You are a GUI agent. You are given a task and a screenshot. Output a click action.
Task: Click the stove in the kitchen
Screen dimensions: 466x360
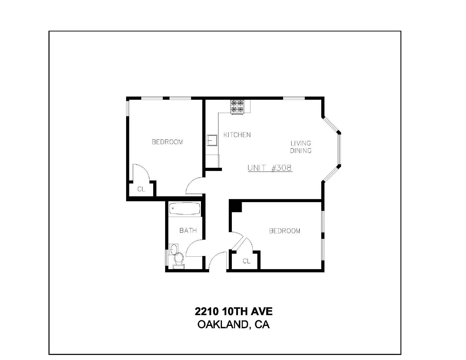[237, 107]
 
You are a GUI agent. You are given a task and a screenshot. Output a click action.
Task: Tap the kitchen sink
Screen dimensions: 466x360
[212, 140]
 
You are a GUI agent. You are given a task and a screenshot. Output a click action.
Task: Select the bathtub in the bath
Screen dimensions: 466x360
[185, 208]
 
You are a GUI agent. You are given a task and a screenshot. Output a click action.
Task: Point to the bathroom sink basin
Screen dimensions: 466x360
[173, 249]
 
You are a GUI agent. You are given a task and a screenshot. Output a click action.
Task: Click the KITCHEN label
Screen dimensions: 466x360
[237, 135]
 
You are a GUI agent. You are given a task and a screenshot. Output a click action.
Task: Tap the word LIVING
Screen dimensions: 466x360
[301, 143]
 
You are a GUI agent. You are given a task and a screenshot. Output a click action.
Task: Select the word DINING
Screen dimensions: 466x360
[301, 151]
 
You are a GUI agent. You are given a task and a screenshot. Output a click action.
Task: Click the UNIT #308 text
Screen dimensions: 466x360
[270, 168]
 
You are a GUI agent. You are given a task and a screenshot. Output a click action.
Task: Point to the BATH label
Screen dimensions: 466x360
[188, 230]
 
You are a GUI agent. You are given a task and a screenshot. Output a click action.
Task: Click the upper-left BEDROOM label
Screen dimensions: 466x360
[167, 142]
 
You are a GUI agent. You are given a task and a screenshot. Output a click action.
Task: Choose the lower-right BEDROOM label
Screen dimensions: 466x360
[285, 231]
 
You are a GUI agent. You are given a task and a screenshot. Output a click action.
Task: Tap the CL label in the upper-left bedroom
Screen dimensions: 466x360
[141, 189]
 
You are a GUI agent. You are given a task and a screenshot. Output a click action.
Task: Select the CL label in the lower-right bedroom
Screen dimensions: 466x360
[247, 261]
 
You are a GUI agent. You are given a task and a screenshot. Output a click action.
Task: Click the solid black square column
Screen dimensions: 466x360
[235, 206]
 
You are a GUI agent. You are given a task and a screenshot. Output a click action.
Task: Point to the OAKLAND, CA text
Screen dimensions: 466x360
[233, 325]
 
